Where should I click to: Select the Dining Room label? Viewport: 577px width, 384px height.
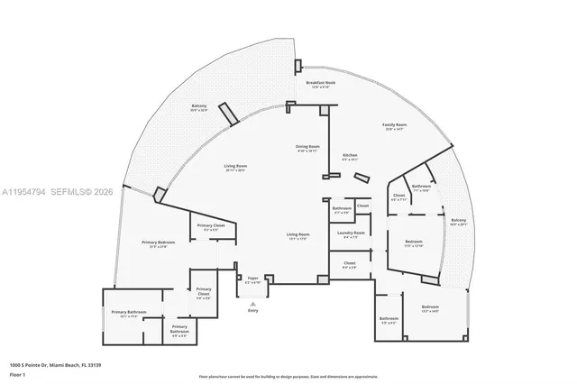pos(308,147)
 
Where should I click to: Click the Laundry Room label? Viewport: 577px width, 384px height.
pos(351,233)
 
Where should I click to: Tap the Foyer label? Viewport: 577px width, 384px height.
pos(253,279)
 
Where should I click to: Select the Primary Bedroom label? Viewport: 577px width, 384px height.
pos(158,242)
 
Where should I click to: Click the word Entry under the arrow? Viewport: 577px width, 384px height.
pos(252,310)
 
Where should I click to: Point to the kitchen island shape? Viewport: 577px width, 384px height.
pos(362,177)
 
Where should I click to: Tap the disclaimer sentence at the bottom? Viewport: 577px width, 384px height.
pos(289,376)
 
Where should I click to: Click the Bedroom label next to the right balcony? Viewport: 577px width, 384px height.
pos(413,242)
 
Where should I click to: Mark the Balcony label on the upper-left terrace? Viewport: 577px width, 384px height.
pos(198,106)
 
